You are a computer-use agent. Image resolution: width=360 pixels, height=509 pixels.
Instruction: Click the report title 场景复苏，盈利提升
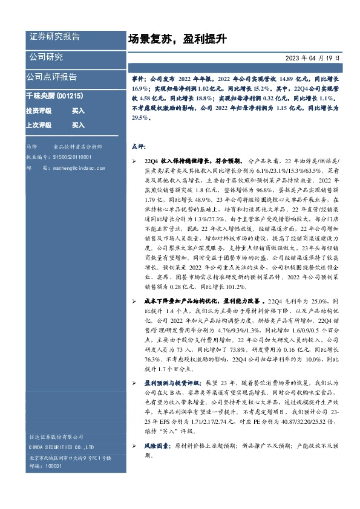coord(177,39)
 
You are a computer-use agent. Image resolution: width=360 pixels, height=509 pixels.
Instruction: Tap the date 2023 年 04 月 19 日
coord(313,58)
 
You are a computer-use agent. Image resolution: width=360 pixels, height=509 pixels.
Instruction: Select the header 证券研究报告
coord(54,37)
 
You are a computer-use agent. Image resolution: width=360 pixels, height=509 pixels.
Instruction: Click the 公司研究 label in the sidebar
coord(46,57)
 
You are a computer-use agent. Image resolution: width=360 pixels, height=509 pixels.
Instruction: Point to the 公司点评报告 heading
coord(51,77)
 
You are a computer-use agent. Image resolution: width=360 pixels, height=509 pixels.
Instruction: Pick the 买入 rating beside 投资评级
coord(78,111)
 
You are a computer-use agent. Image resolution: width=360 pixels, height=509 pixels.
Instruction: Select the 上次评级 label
coord(38,125)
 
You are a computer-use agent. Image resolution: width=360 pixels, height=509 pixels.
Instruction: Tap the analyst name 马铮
coord(32,147)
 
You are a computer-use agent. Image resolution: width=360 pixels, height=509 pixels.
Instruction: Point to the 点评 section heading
coord(138,146)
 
